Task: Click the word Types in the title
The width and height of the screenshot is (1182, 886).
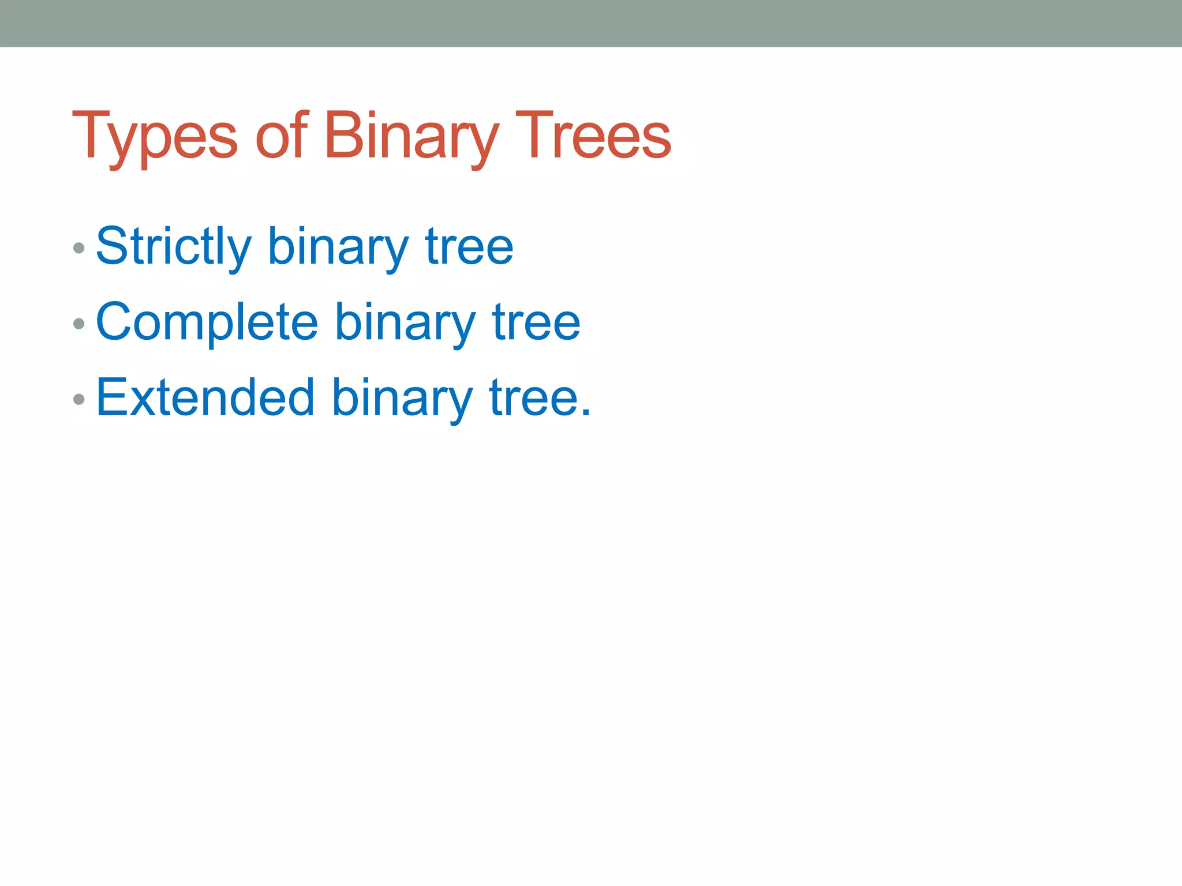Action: (155, 136)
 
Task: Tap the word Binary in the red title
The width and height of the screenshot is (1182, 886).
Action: (410, 136)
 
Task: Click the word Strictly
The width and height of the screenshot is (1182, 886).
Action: (173, 247)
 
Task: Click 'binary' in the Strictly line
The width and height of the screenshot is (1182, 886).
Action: (338, 247)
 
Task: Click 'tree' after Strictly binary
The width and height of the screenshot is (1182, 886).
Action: (469, 247)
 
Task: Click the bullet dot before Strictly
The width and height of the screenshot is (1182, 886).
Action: (80, 249)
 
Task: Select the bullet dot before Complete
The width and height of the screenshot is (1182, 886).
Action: (80, 324)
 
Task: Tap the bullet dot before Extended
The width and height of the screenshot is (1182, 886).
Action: (80, 399)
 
